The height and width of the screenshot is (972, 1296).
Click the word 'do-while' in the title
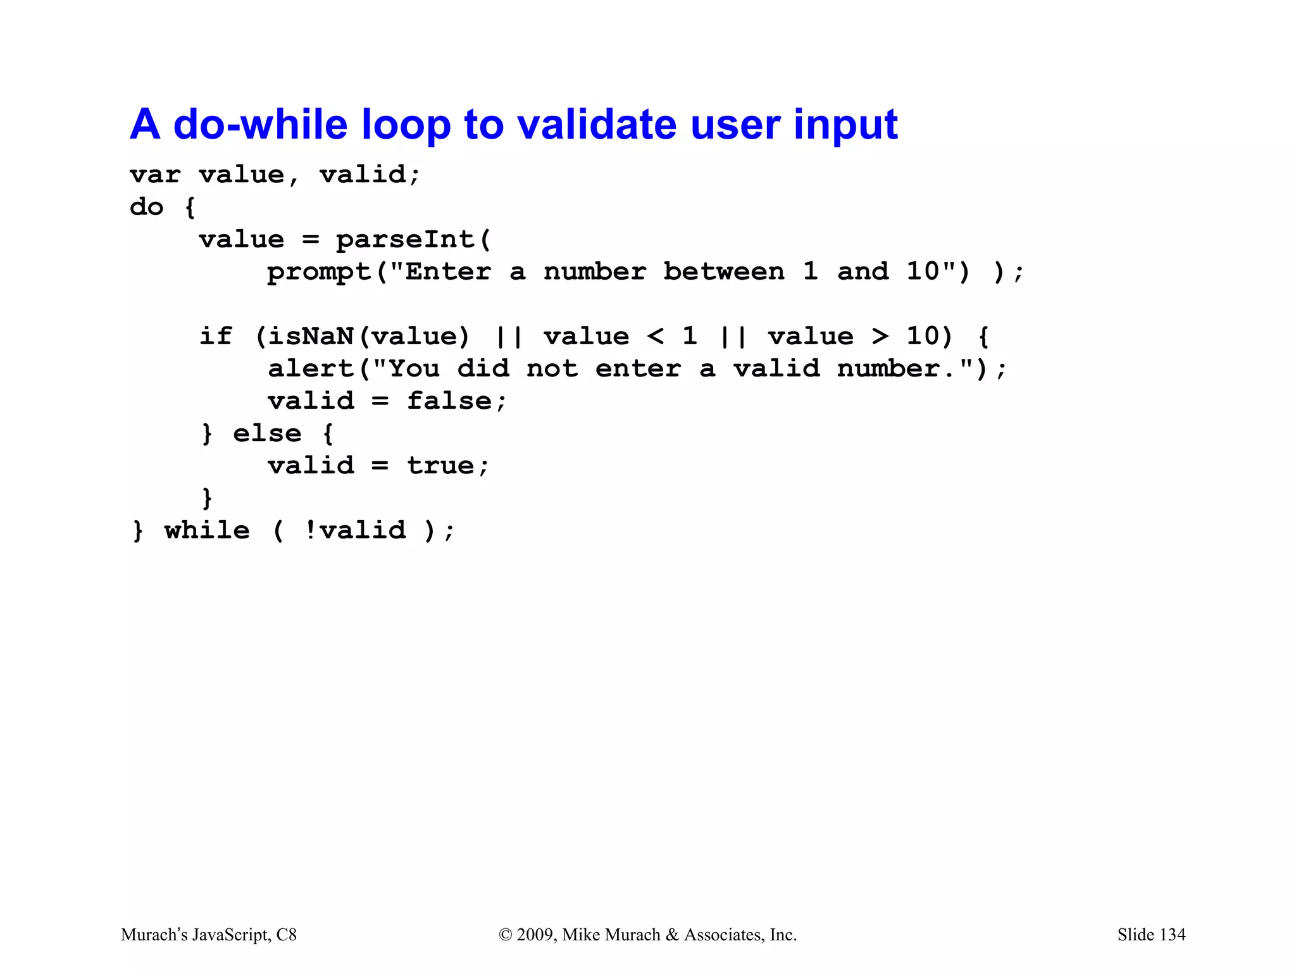pyautogui.click(x=259, y=124)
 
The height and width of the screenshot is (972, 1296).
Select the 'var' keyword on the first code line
pyautogui.click(x=155, y=175)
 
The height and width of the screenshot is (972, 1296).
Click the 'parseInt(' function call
pyautogui.click(x=413, y=240)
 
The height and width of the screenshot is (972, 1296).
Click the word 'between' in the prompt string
pyautogui.click(x=723, y=272)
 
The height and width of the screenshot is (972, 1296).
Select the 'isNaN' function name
pyautogui.click(x=310, y=337)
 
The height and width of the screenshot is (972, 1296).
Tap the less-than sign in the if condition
pyautogui.click(x=656, y=337)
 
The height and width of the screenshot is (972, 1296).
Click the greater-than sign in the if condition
pyautogui.click(x=880, y=337)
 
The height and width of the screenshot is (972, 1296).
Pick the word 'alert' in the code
pyautogui.click(x=311, y=369)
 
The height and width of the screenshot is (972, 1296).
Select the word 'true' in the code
pyautogui.click(x=440, y=466)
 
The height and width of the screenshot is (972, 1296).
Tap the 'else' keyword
pyautogui.click(x=267, y=434)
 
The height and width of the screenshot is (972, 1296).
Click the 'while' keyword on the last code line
pyautogui.click(x=207, y=531)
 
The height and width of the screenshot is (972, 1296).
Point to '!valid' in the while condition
pyautogui.click(x=355, y=531)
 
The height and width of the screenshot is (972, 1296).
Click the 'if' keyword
pyautogui.click(x=216, y=337)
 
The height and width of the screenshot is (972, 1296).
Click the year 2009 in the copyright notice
pyautogui.click(x=535, y=935)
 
